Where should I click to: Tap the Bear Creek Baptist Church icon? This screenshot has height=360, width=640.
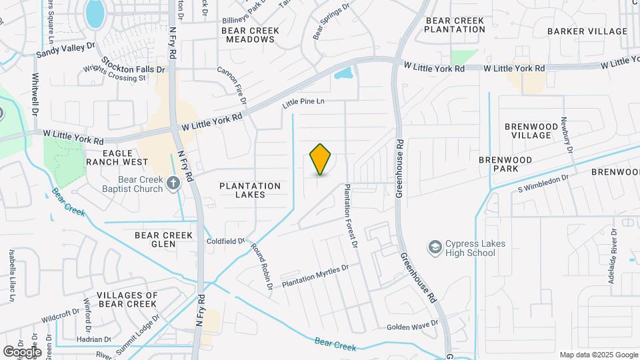173,183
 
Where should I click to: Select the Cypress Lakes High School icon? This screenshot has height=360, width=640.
435,247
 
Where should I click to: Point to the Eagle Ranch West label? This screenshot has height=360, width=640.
117,157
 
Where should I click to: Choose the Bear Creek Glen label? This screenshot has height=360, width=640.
163,239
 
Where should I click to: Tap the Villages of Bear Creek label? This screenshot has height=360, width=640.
127,299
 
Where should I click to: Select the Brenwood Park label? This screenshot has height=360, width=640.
505,165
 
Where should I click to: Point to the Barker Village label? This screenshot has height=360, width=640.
587,31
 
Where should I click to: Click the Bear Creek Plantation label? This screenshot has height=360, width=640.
454,25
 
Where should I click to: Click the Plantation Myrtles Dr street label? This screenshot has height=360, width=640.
315,276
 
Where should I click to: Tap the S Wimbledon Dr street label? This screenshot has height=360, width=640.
543,183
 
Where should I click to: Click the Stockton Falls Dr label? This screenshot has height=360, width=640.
133,65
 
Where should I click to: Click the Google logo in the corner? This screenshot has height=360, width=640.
22,351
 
